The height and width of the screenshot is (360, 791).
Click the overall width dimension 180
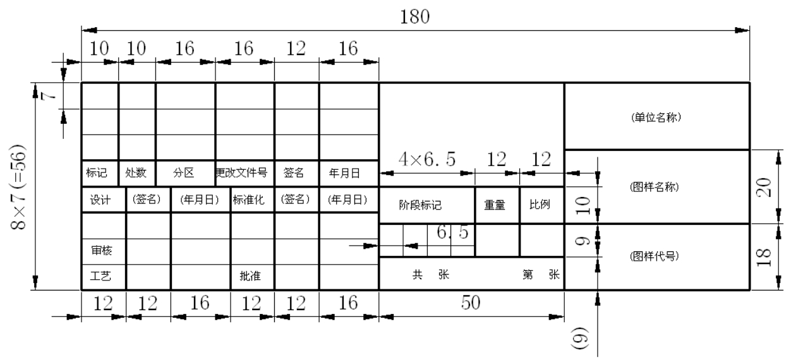coord(415,17)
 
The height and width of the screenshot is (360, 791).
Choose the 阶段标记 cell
coord(420,205)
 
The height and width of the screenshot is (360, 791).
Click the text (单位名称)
coord(656,117)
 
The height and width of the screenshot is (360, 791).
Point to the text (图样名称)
coord(656,188)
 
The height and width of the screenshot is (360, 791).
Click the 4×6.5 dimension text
coord(428,160)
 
